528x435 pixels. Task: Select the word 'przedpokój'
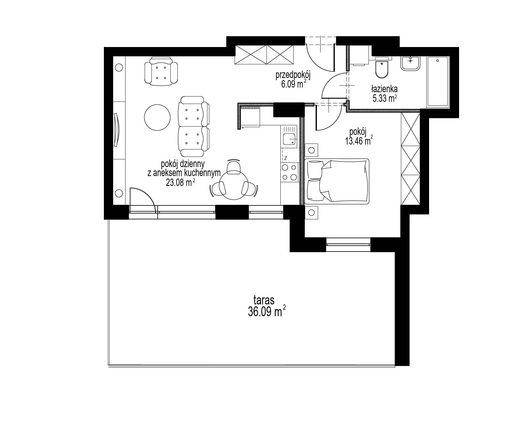coord(293,75)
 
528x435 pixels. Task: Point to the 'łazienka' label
coord(384,89)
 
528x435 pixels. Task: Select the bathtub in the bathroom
coord(437,82)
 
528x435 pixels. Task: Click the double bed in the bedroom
coord(337,181)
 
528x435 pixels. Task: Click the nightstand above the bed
coord(311,150)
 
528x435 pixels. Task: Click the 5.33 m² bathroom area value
coord(385,98)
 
